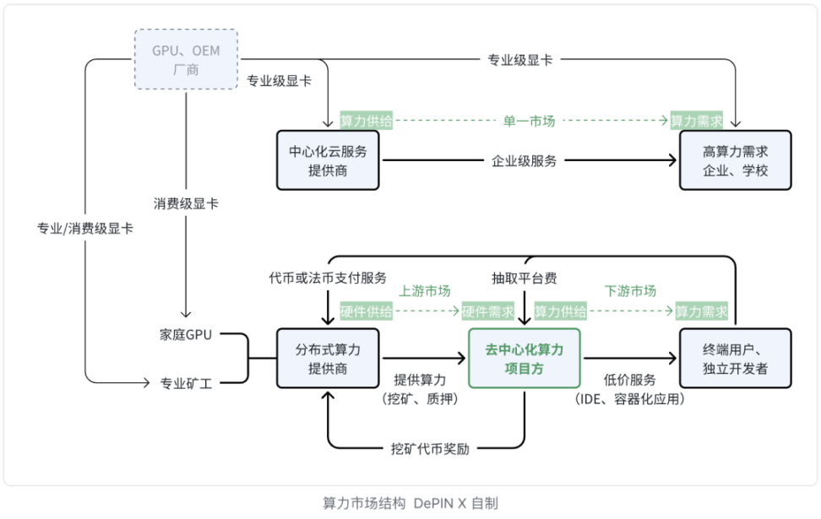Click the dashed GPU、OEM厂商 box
186,60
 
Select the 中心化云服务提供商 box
328,160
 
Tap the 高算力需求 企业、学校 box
736,160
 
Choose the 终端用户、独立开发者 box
736,359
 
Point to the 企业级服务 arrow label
525,160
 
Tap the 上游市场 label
425,291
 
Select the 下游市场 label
631,291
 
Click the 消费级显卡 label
186,204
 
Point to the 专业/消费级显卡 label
84,229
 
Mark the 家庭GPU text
187,335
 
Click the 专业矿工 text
187,383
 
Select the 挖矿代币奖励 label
430,448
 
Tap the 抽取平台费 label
525,278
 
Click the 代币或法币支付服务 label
328,278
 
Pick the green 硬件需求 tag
487,311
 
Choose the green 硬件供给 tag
367,311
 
